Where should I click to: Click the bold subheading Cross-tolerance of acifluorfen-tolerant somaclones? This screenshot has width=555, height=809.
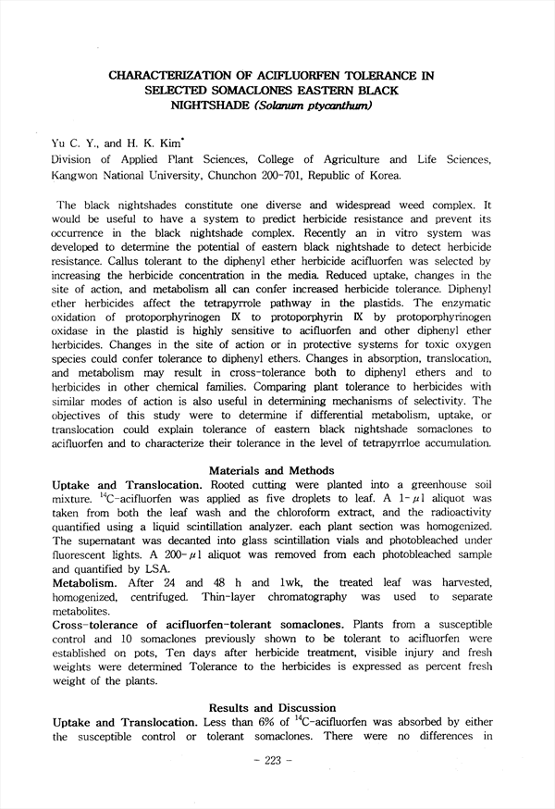point(203,626)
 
